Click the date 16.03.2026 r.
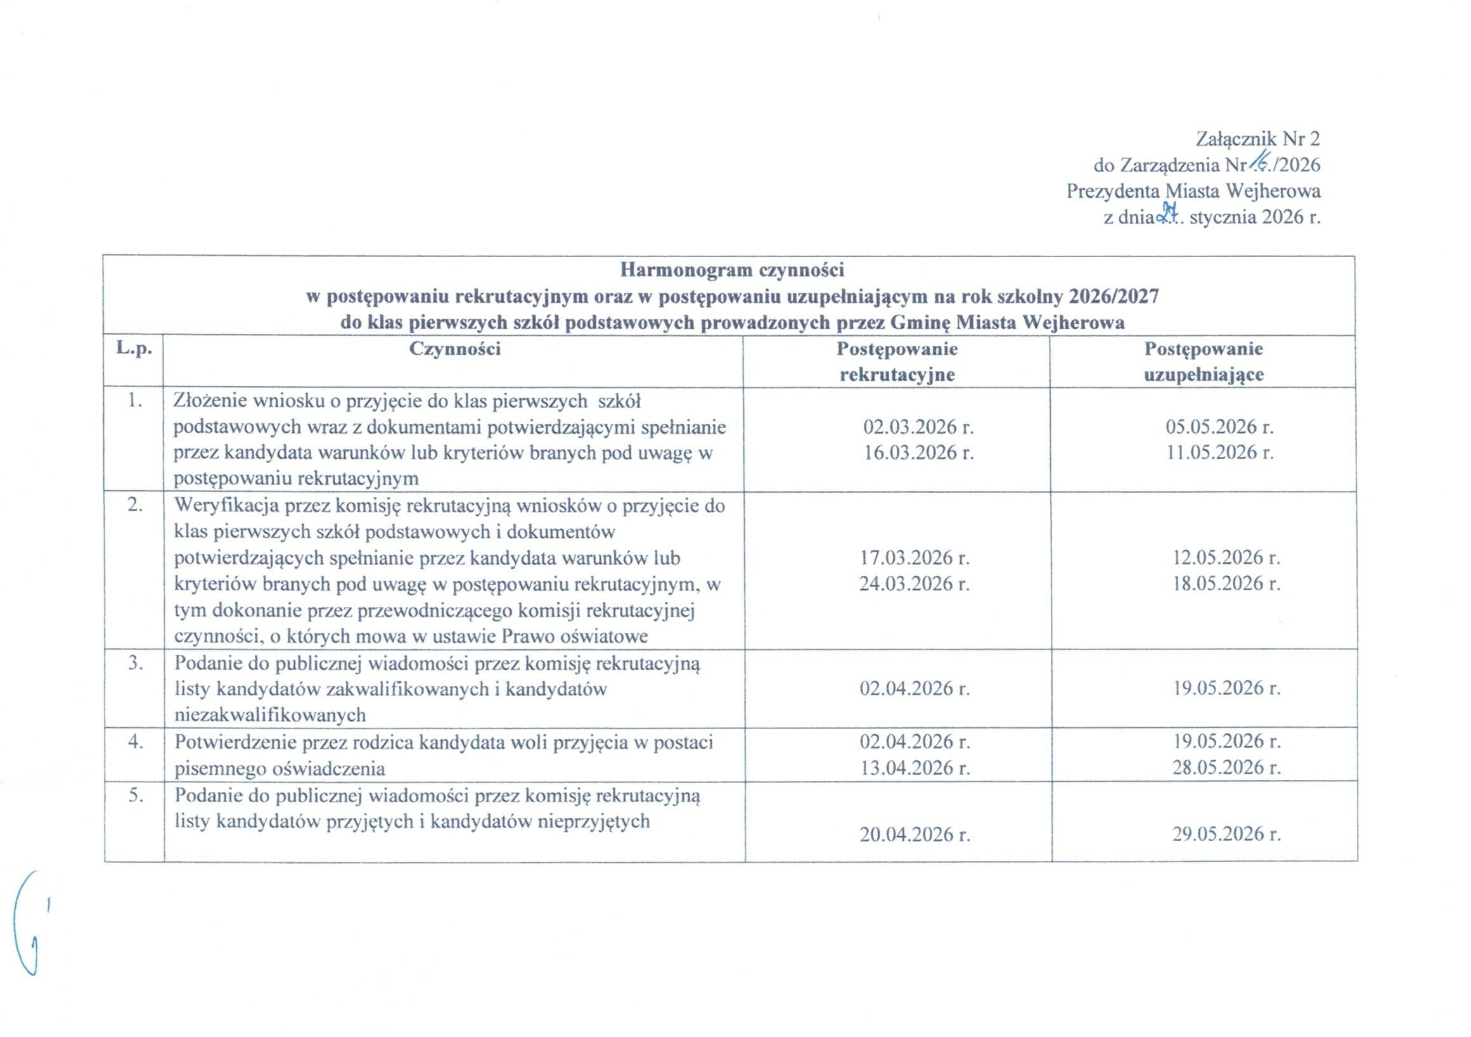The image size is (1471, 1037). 918,453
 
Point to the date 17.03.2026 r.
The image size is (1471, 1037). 915,558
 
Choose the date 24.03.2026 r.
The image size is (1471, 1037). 915,584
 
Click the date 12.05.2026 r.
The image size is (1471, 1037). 1226,558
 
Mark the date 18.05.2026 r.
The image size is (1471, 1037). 1226,584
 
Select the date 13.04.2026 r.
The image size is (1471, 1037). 915,767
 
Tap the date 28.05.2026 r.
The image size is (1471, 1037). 1226,767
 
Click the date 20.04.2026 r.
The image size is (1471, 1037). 915,834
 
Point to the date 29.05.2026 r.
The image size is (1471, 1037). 1226,834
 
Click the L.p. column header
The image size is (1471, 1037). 134,349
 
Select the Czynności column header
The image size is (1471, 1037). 455,349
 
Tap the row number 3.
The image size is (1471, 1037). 134,664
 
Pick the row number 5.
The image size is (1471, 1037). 134,796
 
